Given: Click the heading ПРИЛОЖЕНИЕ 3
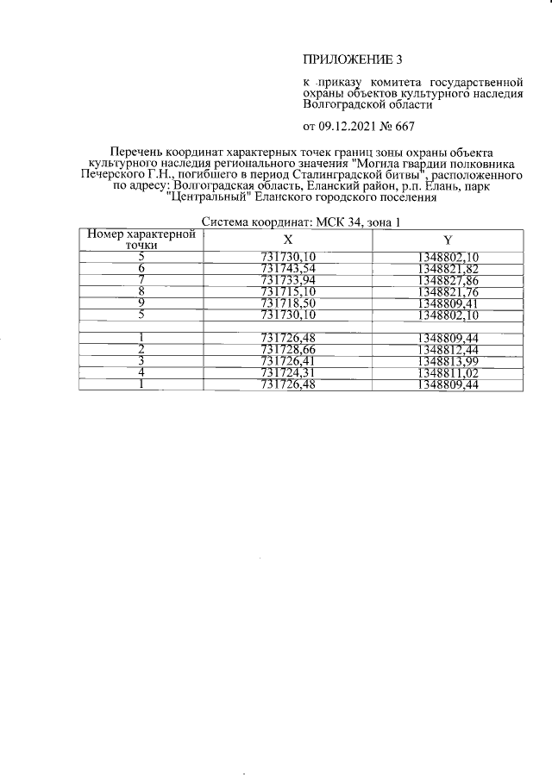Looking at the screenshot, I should click(x=353, y=59).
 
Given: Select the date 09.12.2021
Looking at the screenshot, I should click(x=348, y=127).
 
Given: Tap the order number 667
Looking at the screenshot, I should click(x=404, y=127).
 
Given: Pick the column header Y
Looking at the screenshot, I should click(x=448, y=239).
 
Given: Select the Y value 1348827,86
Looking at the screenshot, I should click(x=448, y=281).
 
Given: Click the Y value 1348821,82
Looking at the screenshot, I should click(x=448, y=269).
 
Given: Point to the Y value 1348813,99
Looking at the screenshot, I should click(x=448, y=361).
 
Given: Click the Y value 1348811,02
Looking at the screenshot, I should click(x=448, y=373).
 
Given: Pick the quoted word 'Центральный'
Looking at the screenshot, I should click(x=202, y=197).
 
